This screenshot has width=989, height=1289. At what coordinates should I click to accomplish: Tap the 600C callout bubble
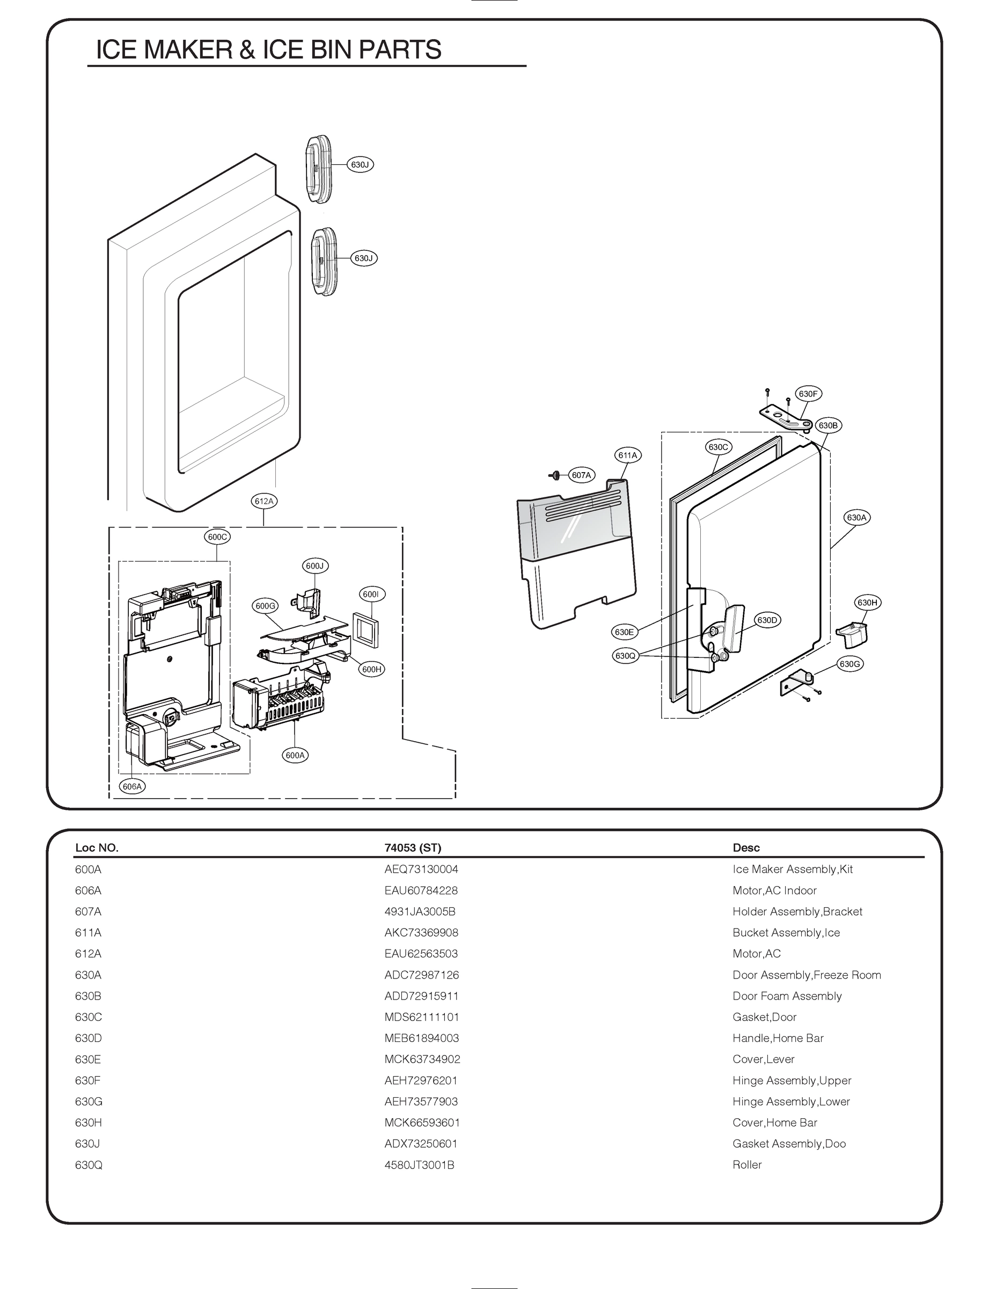click(217, 537)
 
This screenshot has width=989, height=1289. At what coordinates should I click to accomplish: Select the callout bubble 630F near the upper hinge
click(808, 394)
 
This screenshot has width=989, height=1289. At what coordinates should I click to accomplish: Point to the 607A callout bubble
click(581, 475)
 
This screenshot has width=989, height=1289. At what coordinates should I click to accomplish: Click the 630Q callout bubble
click(625, 656)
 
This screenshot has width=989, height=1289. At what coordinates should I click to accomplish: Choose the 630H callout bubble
click(867, 603)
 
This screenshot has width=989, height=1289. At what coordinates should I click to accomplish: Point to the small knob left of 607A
click(554, 475)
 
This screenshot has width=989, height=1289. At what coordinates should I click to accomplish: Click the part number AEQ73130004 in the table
click(421, 869)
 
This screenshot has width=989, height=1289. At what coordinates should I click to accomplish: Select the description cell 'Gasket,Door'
click(764, 1017)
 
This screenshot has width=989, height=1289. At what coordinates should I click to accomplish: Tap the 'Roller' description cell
click(747, 1165)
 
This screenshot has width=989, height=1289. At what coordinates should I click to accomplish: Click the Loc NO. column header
click(97, 848)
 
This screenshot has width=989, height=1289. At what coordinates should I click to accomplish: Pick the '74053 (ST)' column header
click(413, 848)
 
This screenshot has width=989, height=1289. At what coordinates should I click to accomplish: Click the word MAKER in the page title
click(189, 50)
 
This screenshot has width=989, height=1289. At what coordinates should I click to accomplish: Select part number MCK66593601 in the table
click(422, 1123)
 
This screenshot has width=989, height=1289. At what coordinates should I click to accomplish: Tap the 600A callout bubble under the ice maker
click(295, 755)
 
